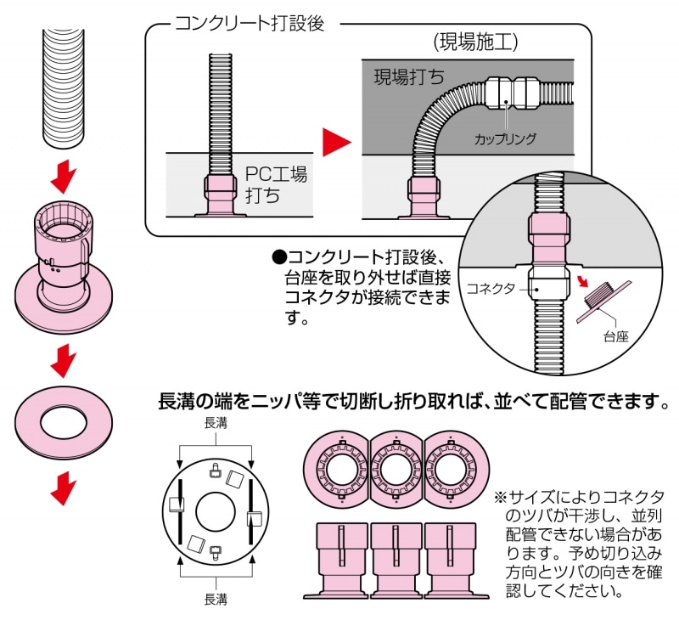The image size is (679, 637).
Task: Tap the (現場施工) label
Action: click(474, 42)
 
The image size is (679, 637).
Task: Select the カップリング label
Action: click(505, 138)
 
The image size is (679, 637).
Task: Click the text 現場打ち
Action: click(410, 78)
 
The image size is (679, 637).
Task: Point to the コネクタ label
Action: click(491, 289)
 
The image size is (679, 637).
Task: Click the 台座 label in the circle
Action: click(615, 336)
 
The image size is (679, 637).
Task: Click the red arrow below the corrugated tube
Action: click(64, 178)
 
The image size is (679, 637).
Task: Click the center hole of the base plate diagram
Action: click(216, 510)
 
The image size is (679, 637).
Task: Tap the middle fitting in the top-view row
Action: click(396, 471)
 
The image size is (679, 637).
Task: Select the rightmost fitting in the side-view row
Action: click(449, 561)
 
